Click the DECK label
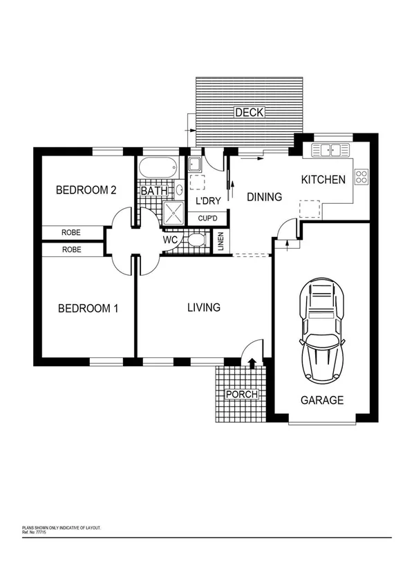[249, 112]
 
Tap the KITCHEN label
[323, 180]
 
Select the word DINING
[265, 197]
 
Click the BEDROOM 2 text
[86, 190]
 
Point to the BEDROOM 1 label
[88, 308]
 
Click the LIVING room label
[204, 307]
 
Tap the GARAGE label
[321, 400]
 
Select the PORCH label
[242, 395]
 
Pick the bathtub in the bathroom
[157, 169]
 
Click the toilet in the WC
[196, 240]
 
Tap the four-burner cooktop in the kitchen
[361, 176]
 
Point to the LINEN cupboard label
[220, 241]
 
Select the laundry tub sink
[195, 164]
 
